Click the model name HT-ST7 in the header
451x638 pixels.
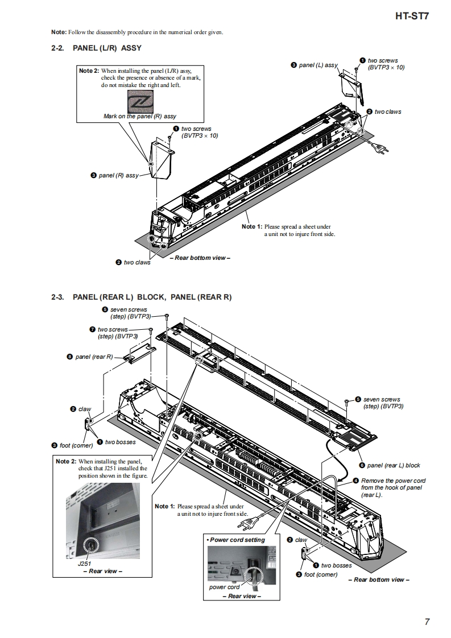412,16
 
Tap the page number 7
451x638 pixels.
427,622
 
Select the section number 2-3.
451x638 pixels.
59,297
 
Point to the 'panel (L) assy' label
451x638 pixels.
318,65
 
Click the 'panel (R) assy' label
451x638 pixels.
118,176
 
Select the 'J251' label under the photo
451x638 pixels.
84,564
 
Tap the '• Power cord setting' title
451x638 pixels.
236,540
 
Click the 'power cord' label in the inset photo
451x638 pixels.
224,587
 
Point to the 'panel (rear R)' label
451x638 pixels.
94,357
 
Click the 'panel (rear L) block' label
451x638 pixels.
394,465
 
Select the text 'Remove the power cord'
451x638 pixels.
393,480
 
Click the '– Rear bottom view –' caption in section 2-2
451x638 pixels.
199,258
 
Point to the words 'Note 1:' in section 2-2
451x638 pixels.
252,227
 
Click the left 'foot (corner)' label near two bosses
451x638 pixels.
72,445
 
